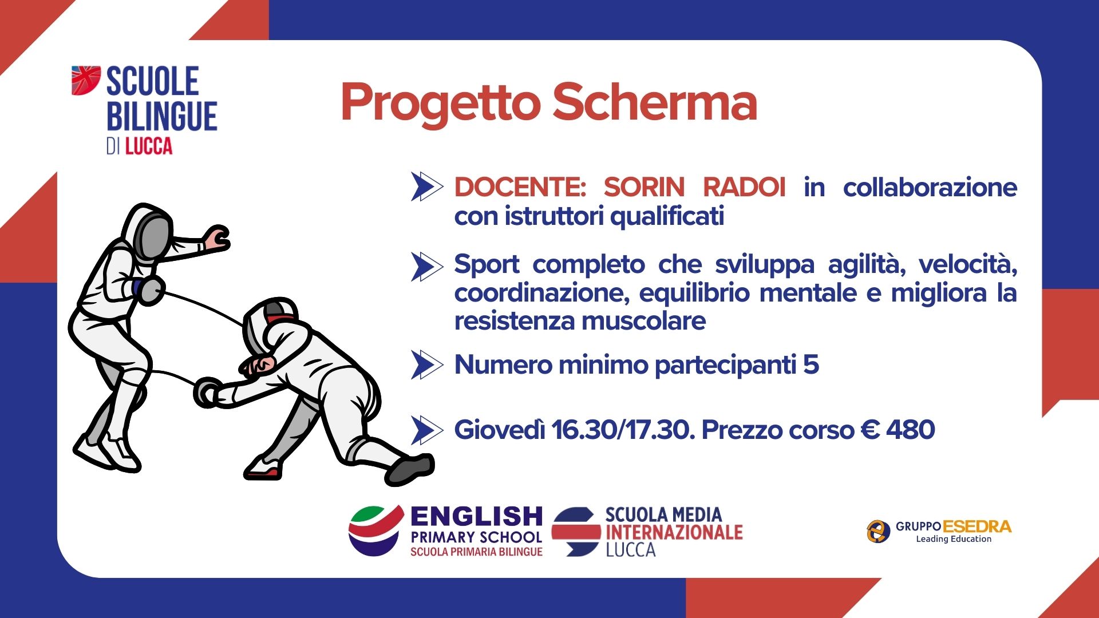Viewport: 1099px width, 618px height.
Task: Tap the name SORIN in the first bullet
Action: pyautogui.click(x=645, y=187)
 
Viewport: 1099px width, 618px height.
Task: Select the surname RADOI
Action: pyautogui.click(x=744, y=187)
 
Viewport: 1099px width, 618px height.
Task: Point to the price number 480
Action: pyautogui.click(x=911, y=430)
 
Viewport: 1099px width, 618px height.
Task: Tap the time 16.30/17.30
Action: pyautogui.click(x=623, y=430)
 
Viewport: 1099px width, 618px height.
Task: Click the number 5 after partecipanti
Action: pyautogui.click(x=811, y=365)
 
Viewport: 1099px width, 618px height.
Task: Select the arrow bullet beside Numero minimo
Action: pyautogui.click(x=427, y=365)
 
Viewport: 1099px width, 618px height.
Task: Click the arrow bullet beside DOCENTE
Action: pyautogui.click(x=427, y=187)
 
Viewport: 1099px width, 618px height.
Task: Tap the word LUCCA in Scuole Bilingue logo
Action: pyautogui.click(x=149, y=146)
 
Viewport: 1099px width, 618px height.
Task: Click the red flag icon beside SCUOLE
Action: pyautogui.click(x=86, y=80)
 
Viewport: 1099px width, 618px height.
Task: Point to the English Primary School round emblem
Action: pyautogui.click(x=375, y=530)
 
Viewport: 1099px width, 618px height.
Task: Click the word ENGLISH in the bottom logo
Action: pyautogui.click(x=476, y=516)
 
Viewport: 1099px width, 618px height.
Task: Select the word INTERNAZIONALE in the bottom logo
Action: pyautogui.click(x=674, y=532)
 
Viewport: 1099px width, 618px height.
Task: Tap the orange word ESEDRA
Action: pyautogui.click(x=977, y=526)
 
